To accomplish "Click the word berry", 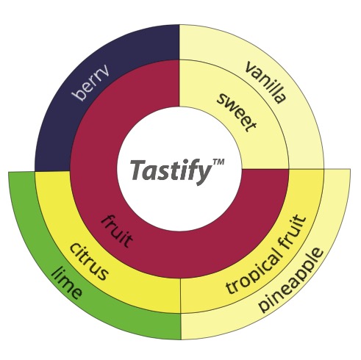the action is (x=90, y=83).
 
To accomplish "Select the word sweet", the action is (x=237, y=112).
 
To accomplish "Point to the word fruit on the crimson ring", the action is (x=117, y=231).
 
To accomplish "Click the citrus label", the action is (x=89, y=262).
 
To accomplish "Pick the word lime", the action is (x=66, y=284).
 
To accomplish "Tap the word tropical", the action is (x=254, y=270).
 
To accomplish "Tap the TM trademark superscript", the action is (x=218, y=162).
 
